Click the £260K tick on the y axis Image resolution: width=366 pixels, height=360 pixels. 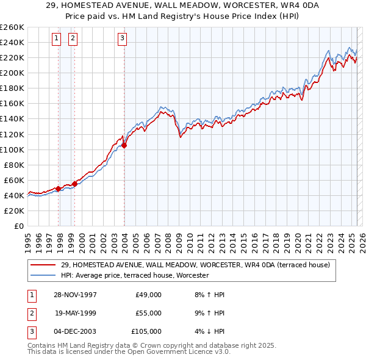point(12,27)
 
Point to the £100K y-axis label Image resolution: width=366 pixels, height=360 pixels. point(12,149)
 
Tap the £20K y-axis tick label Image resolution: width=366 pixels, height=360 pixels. point(15,211)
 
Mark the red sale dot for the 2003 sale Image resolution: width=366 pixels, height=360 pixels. point(124,145)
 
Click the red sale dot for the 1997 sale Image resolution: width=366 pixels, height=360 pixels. point(59,189)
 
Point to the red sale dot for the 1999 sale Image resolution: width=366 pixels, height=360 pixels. point(74,184)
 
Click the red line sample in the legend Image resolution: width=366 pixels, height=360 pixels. point(43,265)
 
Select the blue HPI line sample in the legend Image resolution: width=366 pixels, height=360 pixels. point(43,276)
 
